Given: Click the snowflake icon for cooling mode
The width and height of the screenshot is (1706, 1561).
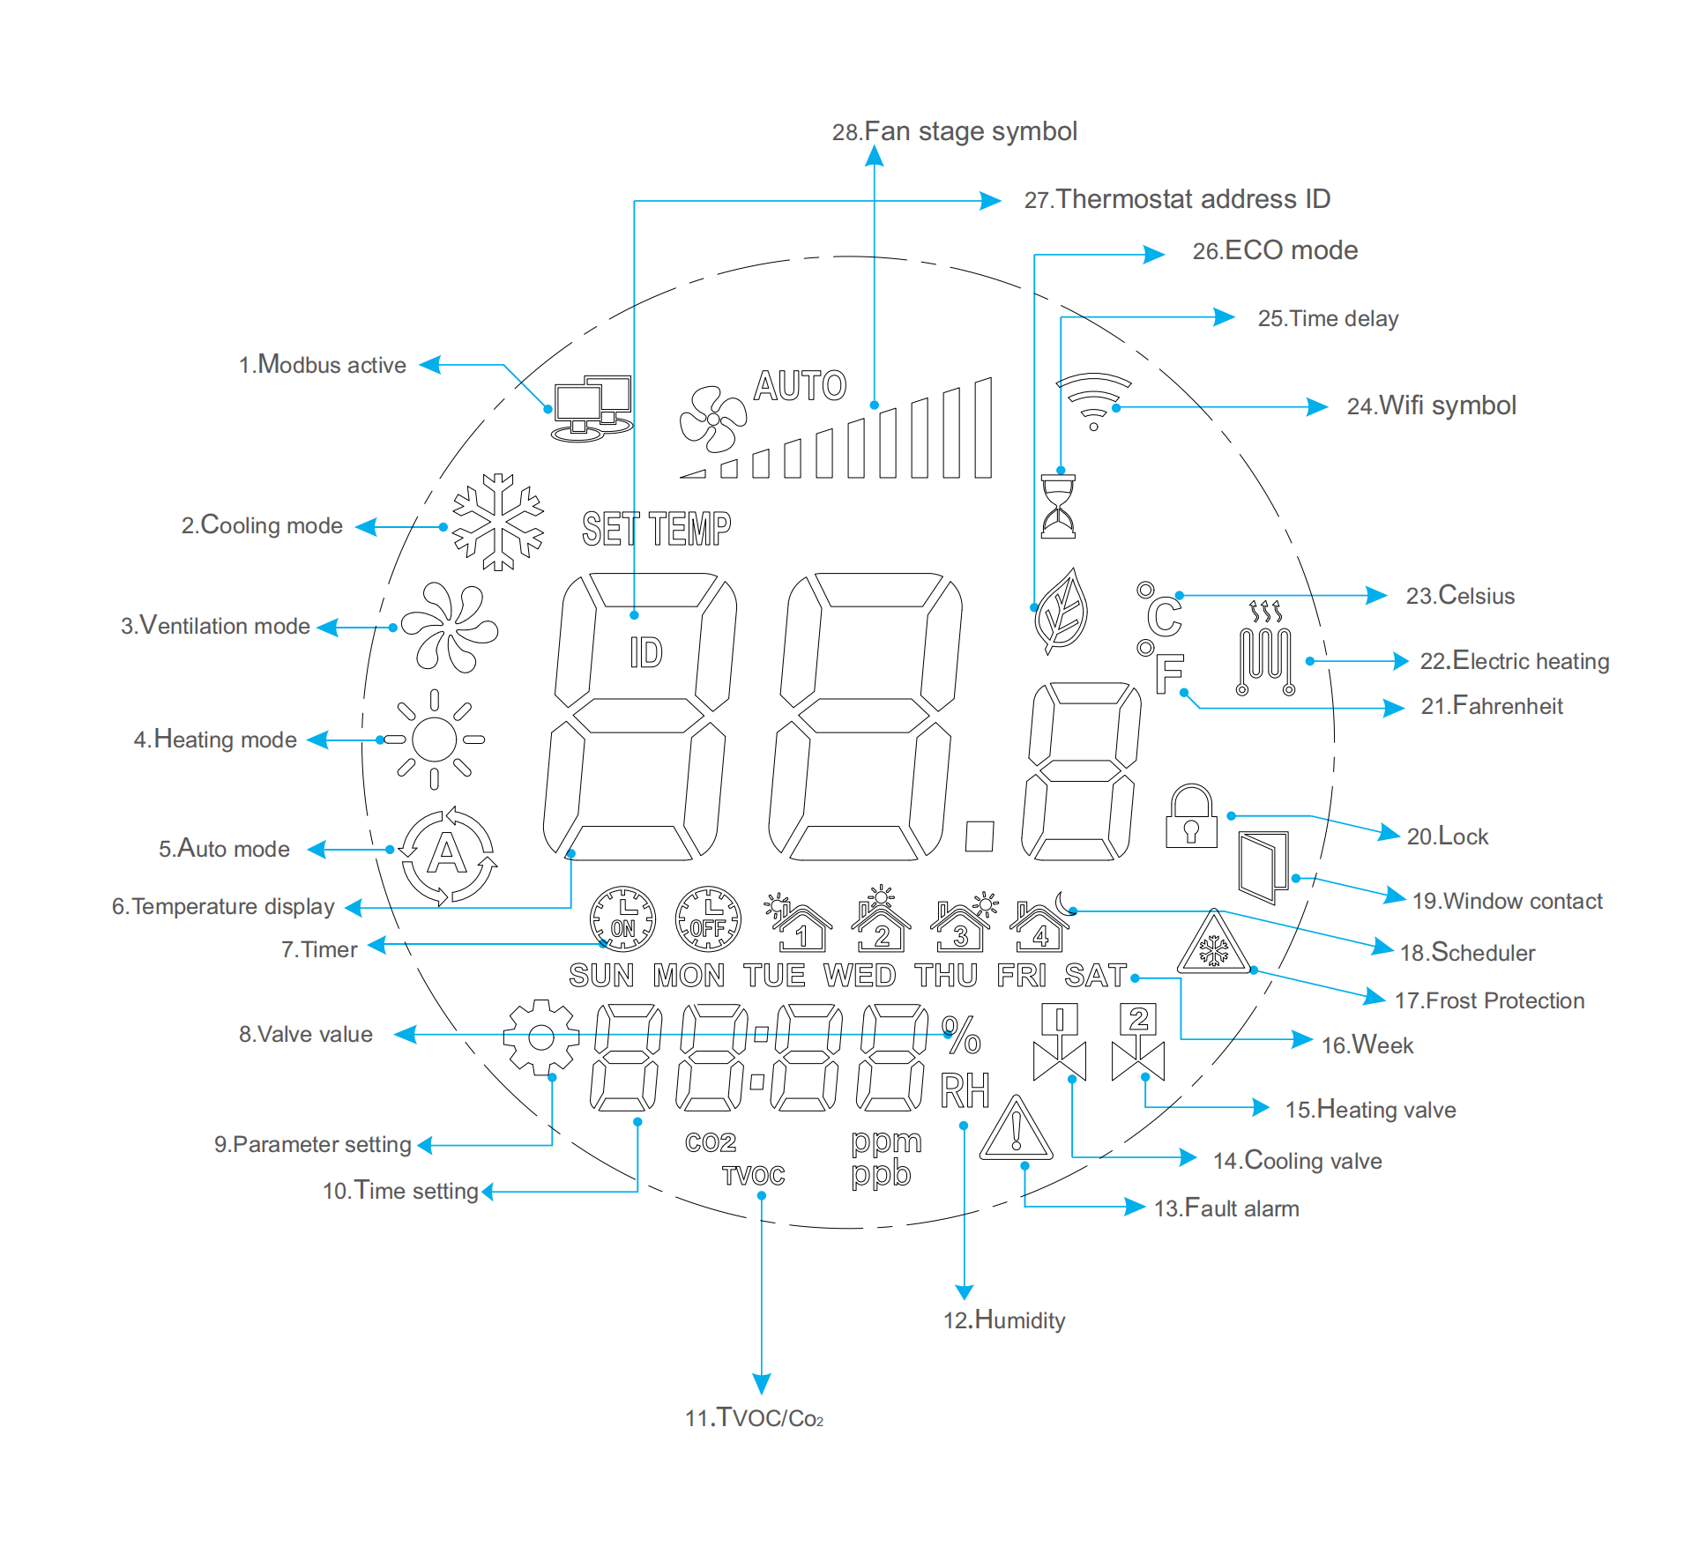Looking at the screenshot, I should (x=498, y=522).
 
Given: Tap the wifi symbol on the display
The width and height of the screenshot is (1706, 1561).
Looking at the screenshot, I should (x=1093, y=399).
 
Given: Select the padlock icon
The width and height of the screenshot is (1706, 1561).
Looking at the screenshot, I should (x=1191, y=817).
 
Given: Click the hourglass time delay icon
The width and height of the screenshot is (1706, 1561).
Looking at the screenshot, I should (x=1058, y=506).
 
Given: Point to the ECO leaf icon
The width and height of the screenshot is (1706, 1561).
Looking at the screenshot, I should (x=1062, y=611).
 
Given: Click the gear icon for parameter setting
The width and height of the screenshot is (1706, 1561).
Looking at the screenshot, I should (x=540, y=1037).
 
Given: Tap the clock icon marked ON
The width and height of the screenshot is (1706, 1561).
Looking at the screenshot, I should (x=622, y=919).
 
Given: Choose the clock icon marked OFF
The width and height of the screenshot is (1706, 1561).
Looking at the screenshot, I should (x=708, y=919).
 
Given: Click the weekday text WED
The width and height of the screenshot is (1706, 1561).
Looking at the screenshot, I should (x=859, y=976).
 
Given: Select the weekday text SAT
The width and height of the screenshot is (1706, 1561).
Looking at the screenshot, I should (x=1095, y=976).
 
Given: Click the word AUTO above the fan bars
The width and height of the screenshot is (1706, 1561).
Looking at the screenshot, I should (x=800, y=386).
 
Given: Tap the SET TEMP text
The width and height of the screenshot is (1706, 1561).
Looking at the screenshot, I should (x=656, y=530).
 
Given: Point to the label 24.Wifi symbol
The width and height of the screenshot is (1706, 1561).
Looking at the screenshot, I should (x=1431, y=405).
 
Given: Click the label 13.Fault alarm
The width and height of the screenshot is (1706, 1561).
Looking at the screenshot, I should (x=1226, y=1208).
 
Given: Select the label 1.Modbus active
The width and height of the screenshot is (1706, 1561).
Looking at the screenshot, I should (x=323, y=365).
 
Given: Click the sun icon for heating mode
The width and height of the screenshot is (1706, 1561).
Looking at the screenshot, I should (x=435, y=739).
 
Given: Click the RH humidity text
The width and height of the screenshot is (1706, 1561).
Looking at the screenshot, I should (x=965, y=1090).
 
